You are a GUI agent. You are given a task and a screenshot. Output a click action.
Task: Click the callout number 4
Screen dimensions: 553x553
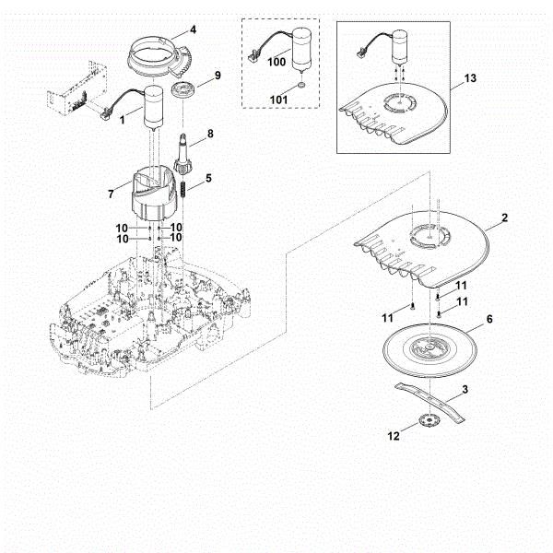point(193,29)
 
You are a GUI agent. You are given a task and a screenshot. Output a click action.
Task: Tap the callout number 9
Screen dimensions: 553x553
point(217,75)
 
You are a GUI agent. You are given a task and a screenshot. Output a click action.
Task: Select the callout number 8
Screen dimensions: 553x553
point(209,134)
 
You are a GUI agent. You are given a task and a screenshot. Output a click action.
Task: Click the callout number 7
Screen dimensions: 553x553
point(111,194)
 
